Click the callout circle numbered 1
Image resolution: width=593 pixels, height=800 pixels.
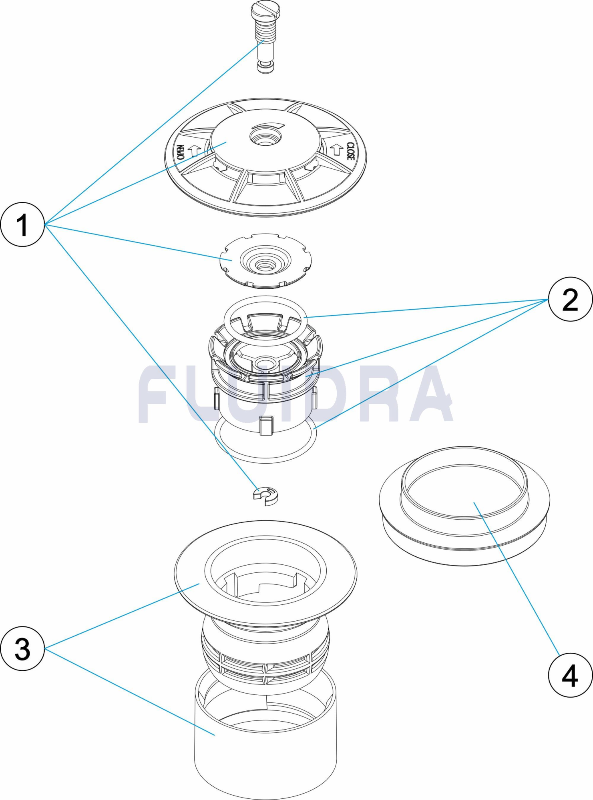point(22,224)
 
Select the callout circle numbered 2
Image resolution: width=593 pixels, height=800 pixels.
point(570,299)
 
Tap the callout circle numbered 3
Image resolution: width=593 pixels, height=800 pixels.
point(22,648)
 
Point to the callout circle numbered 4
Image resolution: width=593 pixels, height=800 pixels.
point(570,675)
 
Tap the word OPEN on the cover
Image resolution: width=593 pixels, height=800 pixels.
point(181,152)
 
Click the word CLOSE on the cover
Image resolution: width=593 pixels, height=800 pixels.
point(350,151)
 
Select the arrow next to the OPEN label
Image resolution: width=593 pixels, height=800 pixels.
point(195,150)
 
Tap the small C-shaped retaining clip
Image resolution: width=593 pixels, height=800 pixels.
point(266,496)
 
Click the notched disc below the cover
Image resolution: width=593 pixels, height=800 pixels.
point(265,260)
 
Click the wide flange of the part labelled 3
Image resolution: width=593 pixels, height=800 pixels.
point(188,576)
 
